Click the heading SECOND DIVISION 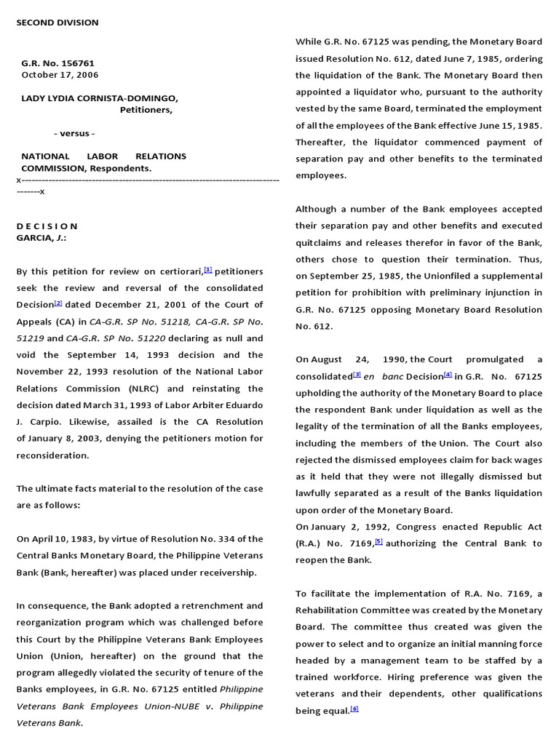pos(58,23)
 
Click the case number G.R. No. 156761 pos(58,63)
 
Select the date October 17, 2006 pos(60,75)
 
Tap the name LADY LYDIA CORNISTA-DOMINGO pos(99,98)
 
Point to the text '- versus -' pos(74,133)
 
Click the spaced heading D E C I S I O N pos(47,226)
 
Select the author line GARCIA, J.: pos(41,238)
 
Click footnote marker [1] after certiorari pos(208,269)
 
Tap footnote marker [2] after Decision pos(58,303)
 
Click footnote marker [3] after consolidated pos(357,375)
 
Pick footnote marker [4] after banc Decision pos(448,375)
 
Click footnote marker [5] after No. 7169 pos(378,542)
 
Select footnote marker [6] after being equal pos(354,709)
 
